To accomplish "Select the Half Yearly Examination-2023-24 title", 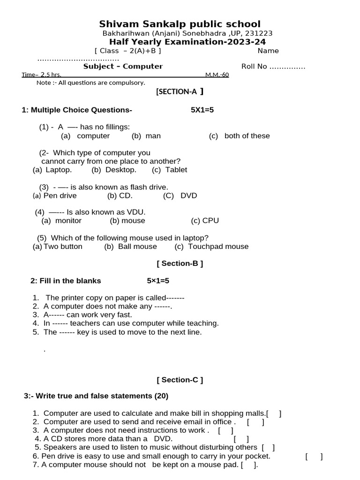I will tap(187, 42).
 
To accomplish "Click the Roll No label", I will tap(254, 67).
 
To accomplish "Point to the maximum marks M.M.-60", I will tap(217, 75).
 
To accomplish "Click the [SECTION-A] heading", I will tap(180, 92).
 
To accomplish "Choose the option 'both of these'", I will tap(247, 136).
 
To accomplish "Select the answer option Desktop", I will tap(120, 170).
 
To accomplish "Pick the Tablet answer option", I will tap(176, 170).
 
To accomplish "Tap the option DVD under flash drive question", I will tap(189, 195).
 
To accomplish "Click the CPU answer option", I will tap(210, 221).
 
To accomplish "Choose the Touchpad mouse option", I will tap(218, 247).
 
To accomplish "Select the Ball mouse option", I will tap(137, 247).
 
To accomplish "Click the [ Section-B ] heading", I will tap(180, 263).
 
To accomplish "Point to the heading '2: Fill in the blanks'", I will tap(66, 281).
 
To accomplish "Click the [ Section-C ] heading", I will tap(180, 380).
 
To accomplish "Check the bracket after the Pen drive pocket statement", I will tap(314, 456).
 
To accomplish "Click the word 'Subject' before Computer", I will tap(97, 67).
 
